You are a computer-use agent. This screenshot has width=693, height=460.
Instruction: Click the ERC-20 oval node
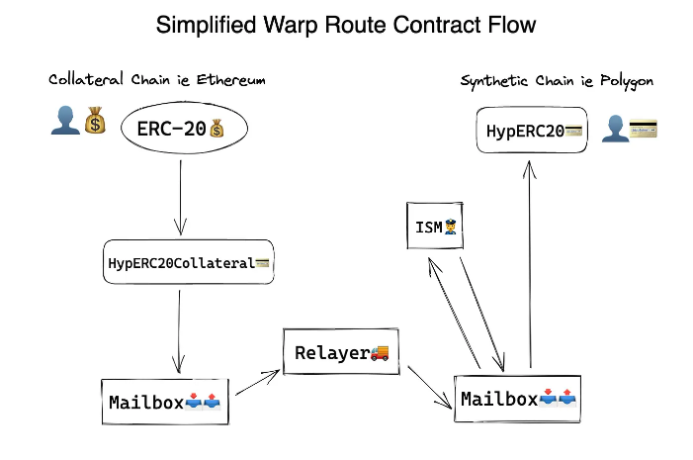(184, 130)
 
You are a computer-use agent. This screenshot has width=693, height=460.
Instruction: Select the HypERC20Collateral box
(189, 262)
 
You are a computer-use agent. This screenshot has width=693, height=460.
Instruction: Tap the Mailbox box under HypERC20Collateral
(166, 403)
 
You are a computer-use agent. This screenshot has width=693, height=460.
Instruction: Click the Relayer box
(338, 353)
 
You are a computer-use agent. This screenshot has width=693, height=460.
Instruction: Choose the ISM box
(435, 228)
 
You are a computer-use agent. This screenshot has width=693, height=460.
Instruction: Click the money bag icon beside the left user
(95, 122)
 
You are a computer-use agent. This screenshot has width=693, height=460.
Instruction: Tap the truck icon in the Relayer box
(380, 352)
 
